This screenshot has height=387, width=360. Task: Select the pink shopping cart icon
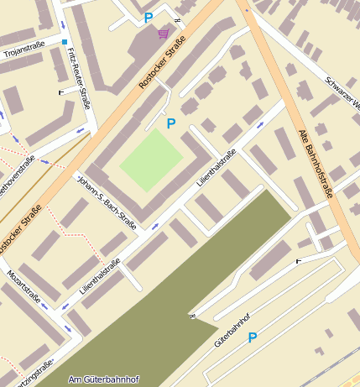coord(163,34)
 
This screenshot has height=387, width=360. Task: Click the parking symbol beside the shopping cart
coord(149,18)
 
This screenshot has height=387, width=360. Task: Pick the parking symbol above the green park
coord(171,123)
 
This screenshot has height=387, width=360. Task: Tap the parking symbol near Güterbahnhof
coord(252,337)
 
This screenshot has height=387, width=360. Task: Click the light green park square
coord(151,160)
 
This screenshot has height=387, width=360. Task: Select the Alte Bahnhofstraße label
coord(316,163)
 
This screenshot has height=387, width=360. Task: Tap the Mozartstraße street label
coord(23,286)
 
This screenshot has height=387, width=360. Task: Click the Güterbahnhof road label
coord(232,331)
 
